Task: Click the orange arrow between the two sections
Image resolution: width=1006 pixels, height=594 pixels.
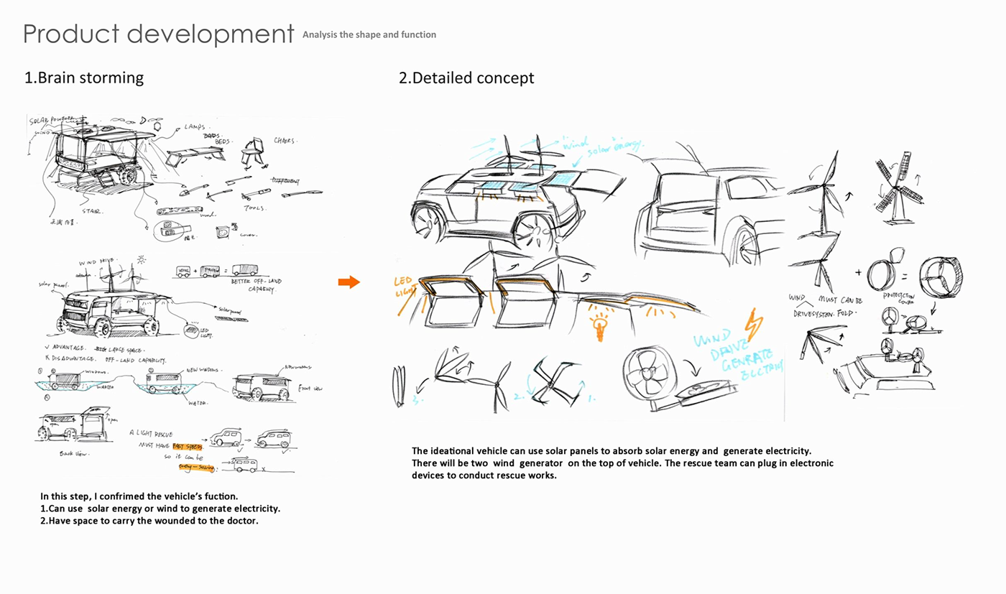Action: [349, 282]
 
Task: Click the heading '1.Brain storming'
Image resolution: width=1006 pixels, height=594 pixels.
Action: [84, 78]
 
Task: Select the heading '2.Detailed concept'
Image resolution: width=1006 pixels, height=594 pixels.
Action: [466, 78]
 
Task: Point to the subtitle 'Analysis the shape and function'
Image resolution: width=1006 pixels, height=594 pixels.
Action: [369, 34]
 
